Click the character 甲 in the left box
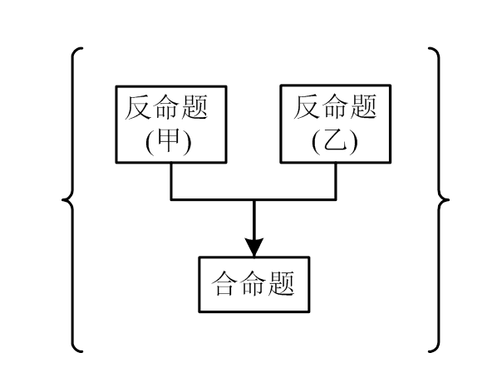[170, 141]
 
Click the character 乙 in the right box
[335, 141]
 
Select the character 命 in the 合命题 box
[253, 285]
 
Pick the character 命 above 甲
[170, 108]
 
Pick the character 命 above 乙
[336, 108]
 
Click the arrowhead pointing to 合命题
[253, 246]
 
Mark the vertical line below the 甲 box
[171, 180]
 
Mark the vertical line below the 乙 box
[336, 180]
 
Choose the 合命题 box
[253, 285]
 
